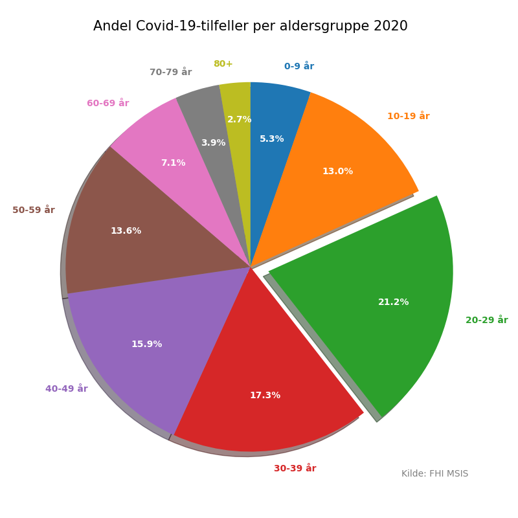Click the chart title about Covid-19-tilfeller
click(x=250, y=27)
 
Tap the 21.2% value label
click(x=393, y=302)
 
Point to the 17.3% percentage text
click(x=265, y=396)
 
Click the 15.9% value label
click(x=146, y=344)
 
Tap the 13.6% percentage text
click(x=126, y=231)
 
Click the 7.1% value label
click(x=173, y=163)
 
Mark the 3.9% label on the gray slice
click(x=213, y=143)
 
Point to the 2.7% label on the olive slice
click(x=239, y=120)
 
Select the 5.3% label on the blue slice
click(x=271, y=139)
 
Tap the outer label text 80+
click(x=223, y=64)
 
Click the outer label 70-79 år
click(x=170, y=73)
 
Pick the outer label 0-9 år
click(x=298, y=67)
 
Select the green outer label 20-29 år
click(x=486, y=321)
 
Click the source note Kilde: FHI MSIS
click(x=434, y=474)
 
